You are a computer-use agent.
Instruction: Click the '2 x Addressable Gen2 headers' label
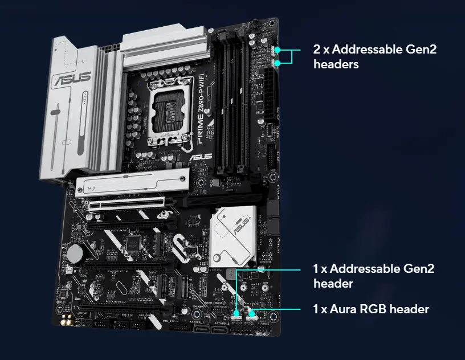pyautogui.click(x=374, y=57)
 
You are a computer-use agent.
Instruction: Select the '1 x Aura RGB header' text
pyautogui.click(x=370, y=309)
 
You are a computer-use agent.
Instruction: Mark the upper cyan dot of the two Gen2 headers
pyautogui.click(x=278, y=51)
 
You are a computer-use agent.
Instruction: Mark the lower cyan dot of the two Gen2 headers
pyautogui.click(x=277, y=63)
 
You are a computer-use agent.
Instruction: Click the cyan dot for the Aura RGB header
pyautogui.click(x=251, y=312)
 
